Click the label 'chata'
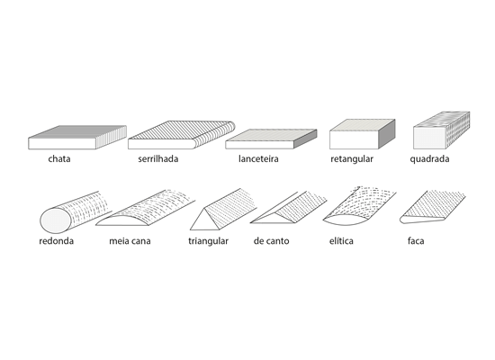[59, 158]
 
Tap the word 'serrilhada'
[158, 158]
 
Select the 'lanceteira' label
[258, 158]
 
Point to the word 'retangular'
[352, 158]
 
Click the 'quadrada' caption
[429, 158]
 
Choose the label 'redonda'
[56, 241]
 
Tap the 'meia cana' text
[130, 241]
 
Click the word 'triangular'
[209, 241]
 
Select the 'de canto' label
[271, 241]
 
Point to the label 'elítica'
[341, 241]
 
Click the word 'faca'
[416, 241]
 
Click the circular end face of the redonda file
[56, 220]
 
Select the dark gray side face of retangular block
[387, 134]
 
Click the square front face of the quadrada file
[429, 138]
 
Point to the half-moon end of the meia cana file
[121, 221]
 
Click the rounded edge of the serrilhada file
[215, 135]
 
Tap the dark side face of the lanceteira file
[305, 139]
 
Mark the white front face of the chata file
[62, 144]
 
